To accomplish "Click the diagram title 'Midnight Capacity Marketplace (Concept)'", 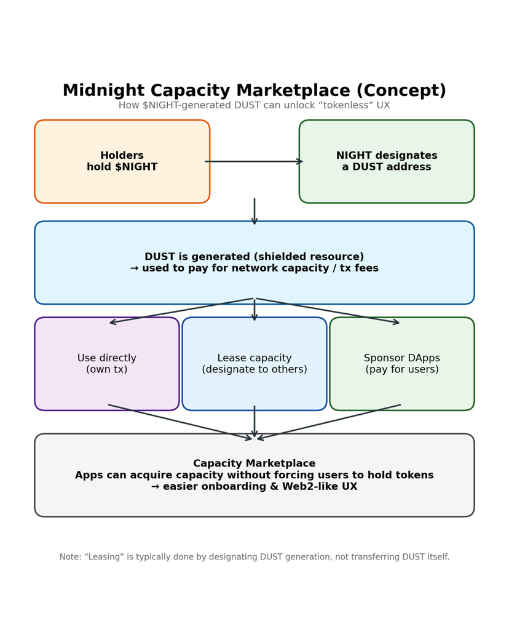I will point(254,91).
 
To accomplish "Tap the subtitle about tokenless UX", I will point(254,106).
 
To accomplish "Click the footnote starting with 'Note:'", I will point(254,557).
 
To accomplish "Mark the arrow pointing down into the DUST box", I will point(254,211).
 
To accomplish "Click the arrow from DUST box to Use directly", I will point(182,310).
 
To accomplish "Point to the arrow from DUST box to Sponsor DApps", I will point(327,310).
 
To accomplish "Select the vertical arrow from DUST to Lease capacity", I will point(254,310).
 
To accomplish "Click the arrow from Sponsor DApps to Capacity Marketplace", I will point(328,422).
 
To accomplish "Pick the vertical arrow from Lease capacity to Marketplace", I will point(254,422).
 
